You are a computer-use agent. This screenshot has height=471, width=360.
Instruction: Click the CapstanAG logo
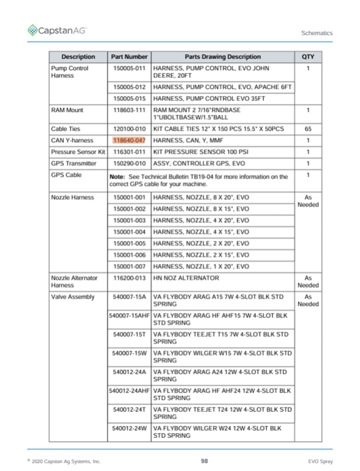click(57, 31)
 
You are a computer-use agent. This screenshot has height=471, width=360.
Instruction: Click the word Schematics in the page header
click(317, 33)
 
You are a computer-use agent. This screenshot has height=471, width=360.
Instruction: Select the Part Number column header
click(129, 57)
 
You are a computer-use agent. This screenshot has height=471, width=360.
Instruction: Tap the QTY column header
click(308, 57)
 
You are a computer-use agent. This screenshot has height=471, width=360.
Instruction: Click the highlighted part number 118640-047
click(129, 140)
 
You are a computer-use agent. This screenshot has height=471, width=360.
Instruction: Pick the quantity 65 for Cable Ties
click(308, 129)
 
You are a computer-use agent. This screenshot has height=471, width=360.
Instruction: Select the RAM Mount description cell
click(67, 110)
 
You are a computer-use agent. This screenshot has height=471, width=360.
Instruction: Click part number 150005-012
click(129, 87)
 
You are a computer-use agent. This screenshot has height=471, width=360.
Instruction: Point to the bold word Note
click(117, 177)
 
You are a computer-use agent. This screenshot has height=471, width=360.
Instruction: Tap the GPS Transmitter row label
click(74, 164)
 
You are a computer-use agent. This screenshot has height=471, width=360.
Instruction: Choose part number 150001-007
click(129, 267)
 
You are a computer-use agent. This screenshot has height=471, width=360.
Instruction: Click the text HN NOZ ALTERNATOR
click(186, 278)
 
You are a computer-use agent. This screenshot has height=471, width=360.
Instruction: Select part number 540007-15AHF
click(129, 316)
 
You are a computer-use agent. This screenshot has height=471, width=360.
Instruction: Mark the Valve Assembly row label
click(73, 297)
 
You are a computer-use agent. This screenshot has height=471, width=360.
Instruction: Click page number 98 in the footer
click(204, 461)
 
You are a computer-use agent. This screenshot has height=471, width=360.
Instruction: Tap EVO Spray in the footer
click(320, 461)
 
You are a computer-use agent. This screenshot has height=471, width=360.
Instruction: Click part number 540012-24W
click(129, 429)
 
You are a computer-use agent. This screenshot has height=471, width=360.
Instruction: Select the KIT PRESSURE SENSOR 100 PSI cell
click(201, 152)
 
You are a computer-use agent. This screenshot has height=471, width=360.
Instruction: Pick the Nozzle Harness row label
click(72, 197)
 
